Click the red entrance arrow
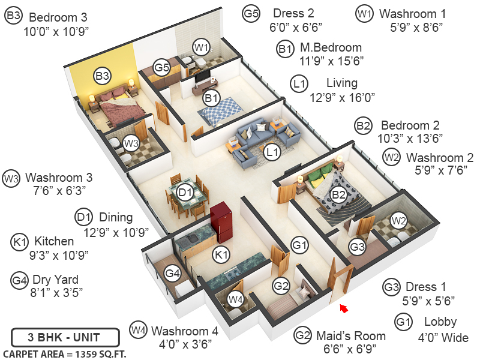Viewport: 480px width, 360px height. coord(344,308)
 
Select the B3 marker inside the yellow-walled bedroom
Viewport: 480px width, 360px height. coord(102,76)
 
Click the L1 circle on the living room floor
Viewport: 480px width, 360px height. coord(272,152)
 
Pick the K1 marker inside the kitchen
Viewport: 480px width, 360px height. coord(221,256)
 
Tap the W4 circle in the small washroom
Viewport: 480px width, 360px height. coord(236,299)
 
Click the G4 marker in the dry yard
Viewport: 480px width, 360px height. coord(172,274)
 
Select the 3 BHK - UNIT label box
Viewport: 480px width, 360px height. coord(56,336)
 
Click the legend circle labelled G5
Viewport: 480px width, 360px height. coord(251,13)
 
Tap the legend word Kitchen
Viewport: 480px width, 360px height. coord(54,241)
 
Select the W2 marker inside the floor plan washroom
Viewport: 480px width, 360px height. coord(398,221)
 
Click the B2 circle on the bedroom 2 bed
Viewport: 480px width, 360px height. coord(339,194)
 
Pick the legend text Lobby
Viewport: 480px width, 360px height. coord(440,322)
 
